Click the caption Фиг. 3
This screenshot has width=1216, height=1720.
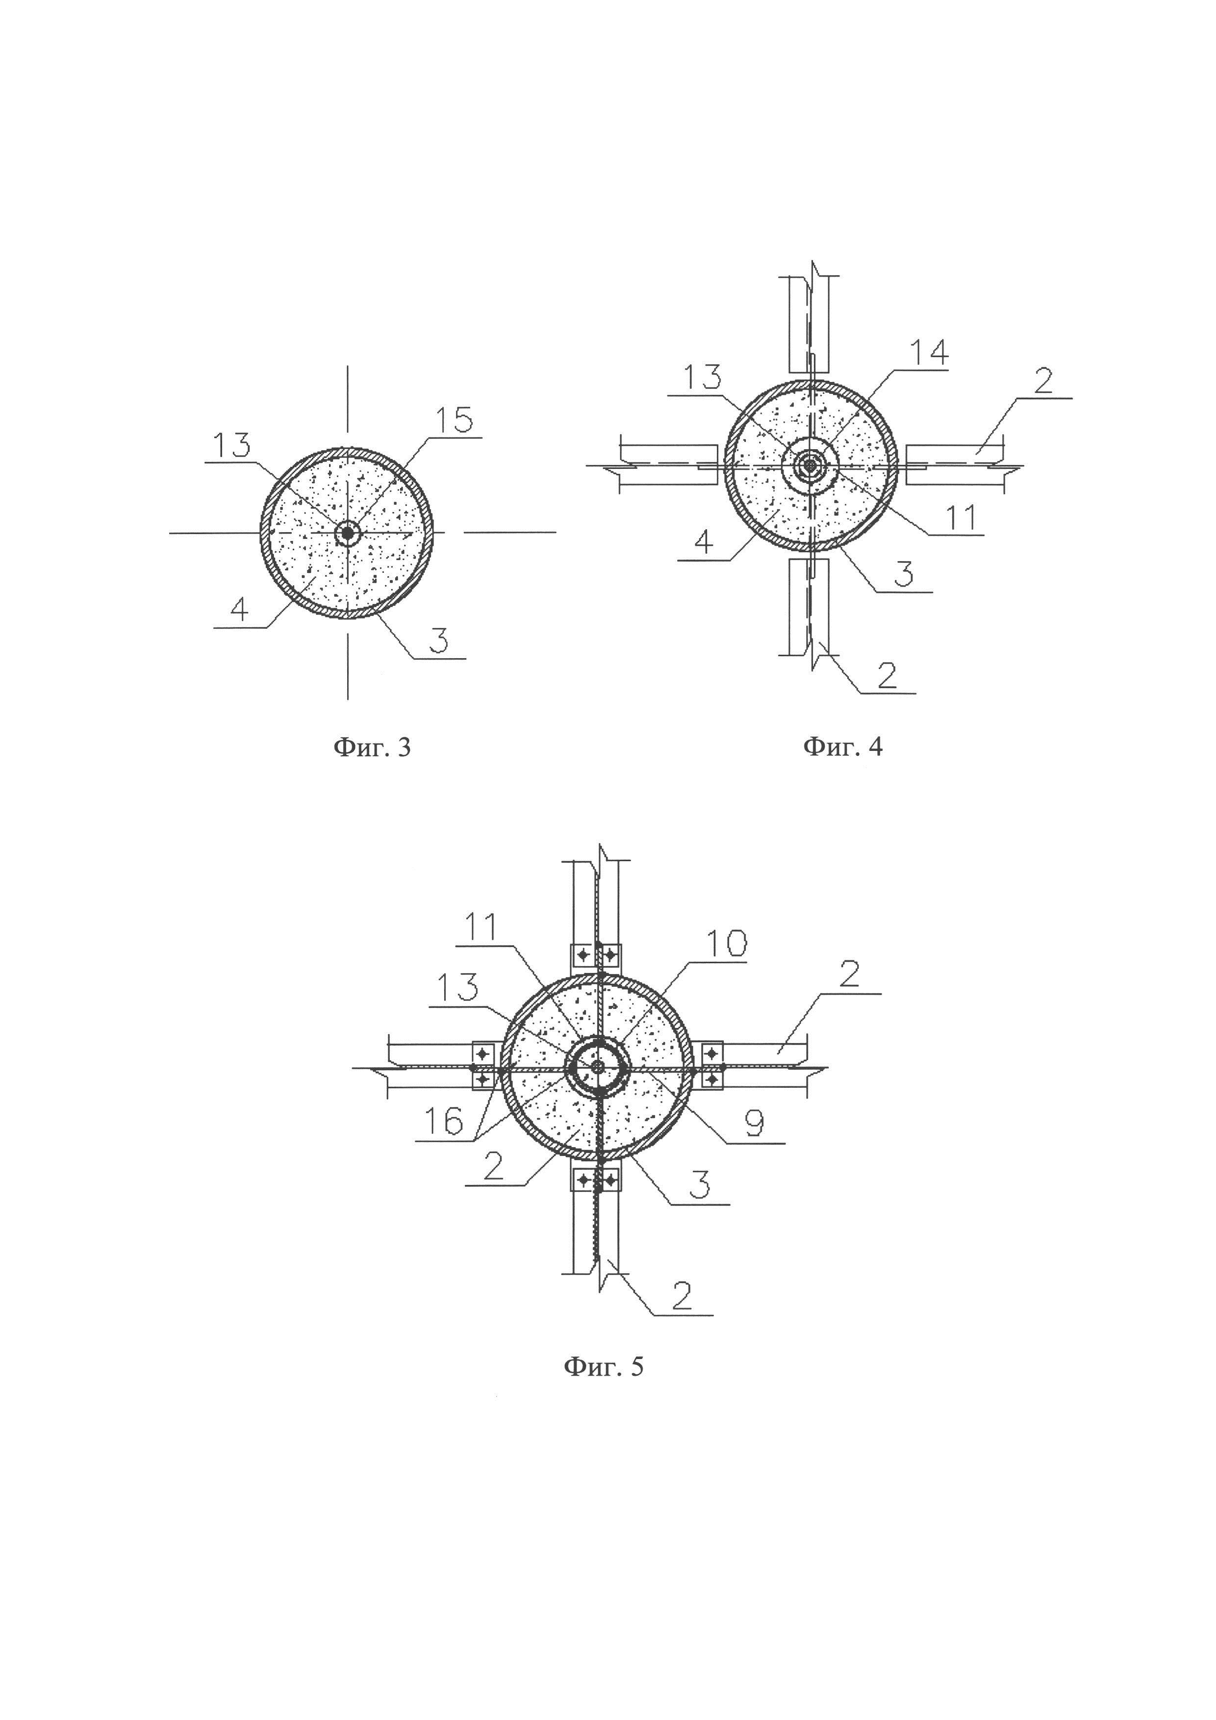point(372,747)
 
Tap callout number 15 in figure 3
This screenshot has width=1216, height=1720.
point(455,420)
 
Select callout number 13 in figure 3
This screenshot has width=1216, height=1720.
point(231,446)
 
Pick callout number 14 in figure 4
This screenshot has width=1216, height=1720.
point(929,352)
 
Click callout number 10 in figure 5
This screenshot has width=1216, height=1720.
point(726,944)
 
